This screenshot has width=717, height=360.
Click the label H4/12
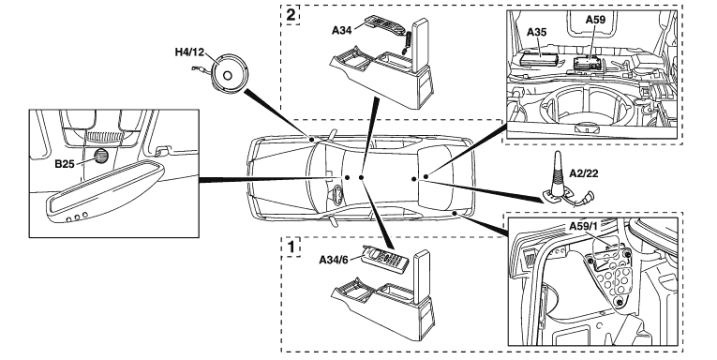[189, 52]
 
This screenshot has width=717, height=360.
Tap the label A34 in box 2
[341, 30]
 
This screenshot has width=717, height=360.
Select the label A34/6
[334, 260]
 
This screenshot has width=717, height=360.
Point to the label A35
[536, 32]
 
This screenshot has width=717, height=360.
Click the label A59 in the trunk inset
[595, 19]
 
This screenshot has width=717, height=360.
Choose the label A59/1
[584, 226]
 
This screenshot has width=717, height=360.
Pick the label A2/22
[584, 173]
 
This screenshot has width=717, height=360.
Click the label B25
[65, 164]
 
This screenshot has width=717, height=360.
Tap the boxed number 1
[291, 247]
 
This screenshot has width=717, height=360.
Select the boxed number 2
[291, 15]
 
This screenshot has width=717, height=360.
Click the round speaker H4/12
[228, 75]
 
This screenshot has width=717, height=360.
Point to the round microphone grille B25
[100, 157]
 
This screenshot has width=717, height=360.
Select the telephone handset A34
[386, 32]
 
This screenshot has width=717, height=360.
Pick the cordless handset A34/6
[383, 260]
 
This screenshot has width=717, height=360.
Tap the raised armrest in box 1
[422, 277]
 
